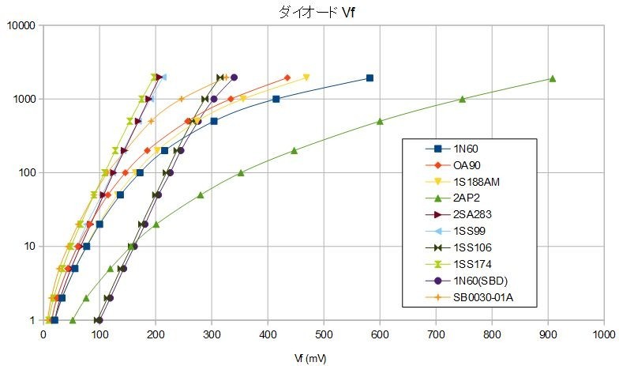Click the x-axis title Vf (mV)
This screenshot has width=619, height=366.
(x=309, y=357)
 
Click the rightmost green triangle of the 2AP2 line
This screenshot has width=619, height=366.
(x=553, y=78)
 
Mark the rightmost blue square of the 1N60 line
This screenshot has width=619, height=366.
(x=370, y=78)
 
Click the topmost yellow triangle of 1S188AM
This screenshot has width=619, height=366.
(x=306, y=77)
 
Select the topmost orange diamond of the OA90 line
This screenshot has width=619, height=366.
(x=287, y=77)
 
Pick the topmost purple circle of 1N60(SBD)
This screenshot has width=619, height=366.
(x=234, y=77)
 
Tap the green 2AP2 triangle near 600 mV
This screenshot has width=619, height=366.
(x=380, y=121)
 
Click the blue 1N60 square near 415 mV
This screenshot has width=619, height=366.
(x=276, y=99)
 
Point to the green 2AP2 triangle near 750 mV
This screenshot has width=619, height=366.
(x=463, y=99)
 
